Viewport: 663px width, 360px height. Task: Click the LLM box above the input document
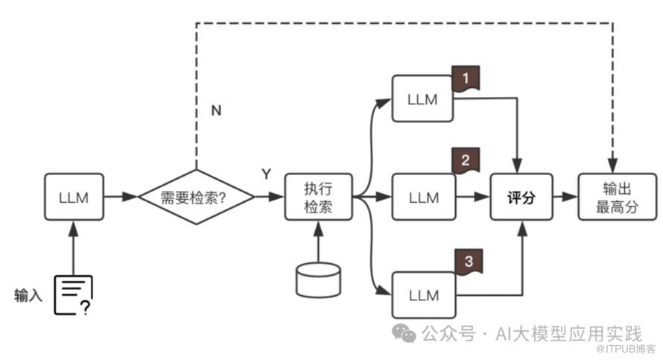(x=74, y=197)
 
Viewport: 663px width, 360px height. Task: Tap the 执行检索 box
(x=318, y=197)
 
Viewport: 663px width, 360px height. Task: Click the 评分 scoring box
(x=523, y=197)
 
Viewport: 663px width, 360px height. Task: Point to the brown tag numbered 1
(x=466, y=77)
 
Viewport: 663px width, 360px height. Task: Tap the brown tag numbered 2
(x=466, y=160)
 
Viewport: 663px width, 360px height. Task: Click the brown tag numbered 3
(x=469, y=261)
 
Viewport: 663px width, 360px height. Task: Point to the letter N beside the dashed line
(x=216, y=110)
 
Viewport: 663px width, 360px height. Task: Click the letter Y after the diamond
(x=266, y=174)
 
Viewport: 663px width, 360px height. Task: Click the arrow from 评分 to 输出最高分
(x=567, y=197)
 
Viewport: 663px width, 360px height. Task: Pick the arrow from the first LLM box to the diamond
(x=121, y=197)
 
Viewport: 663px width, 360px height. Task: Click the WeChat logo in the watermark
(x=405, y=333)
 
